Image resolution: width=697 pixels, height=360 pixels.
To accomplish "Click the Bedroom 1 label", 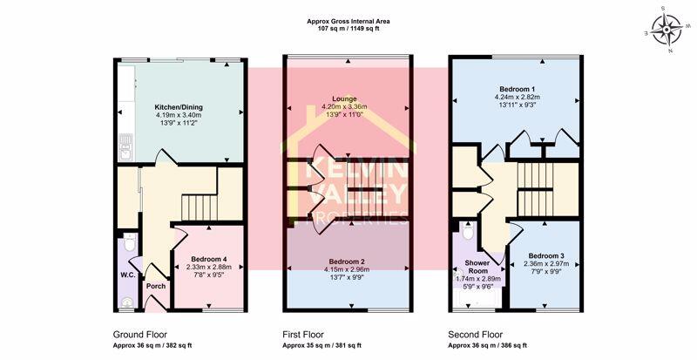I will (x=518, y=89).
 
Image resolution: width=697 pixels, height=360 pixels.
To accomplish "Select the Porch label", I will (x=156, y=286).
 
